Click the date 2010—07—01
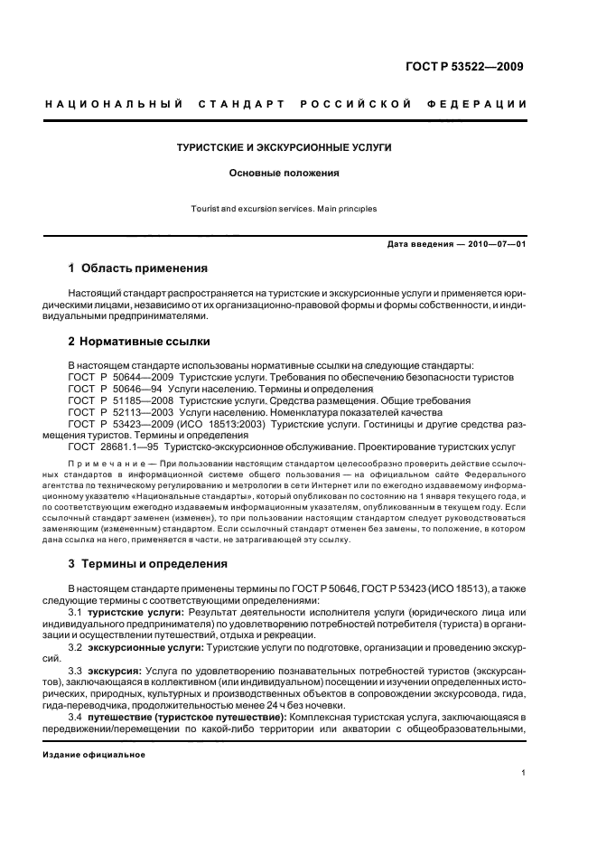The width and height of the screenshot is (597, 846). pos(496,245)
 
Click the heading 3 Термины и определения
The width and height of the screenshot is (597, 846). pos(148,564)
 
